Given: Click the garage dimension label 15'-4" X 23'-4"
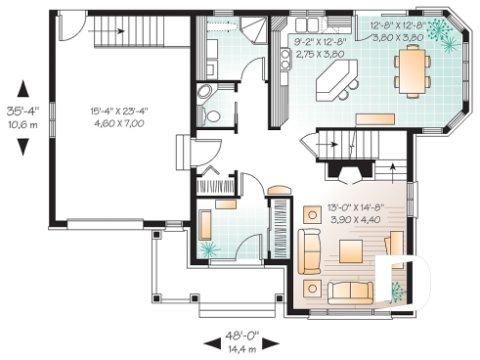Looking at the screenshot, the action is coord(119,112).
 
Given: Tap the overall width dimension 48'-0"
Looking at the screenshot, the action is coord(241,336).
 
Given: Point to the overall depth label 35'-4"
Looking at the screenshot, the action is coord(22,112).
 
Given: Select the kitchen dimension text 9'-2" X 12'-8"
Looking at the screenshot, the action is coord(321,42).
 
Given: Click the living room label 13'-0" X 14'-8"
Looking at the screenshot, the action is coord(356,207).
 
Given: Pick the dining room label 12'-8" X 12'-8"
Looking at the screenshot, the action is coord(398,25).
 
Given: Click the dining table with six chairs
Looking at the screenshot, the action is coord(413,71).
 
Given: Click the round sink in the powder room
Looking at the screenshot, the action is coord(205,91).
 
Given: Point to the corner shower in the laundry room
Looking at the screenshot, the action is coord(253,29).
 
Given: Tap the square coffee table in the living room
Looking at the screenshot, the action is coord(351,251).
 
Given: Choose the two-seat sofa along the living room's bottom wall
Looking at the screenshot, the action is coord(350,292).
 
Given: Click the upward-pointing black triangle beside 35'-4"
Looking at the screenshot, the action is coord(22,89).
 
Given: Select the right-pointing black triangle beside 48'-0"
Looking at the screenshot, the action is coord(271,343).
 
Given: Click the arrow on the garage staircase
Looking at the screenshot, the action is coord(107,31).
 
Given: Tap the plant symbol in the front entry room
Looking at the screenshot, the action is coord(209,249).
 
